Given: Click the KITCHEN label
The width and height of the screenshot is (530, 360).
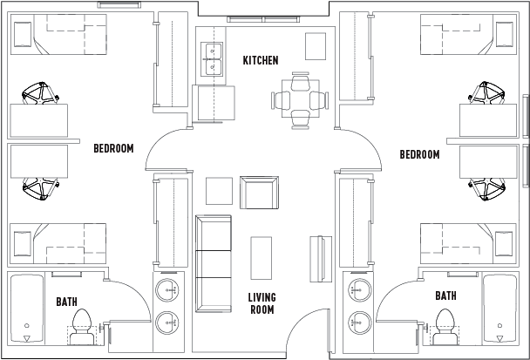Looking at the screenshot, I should [x=261, y=60].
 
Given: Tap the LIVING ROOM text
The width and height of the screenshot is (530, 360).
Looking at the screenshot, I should [x=262, y=303].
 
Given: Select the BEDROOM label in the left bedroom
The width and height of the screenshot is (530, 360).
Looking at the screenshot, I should [x=113, y=148].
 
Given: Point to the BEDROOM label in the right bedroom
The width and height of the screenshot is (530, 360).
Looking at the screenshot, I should [x=419, y=154].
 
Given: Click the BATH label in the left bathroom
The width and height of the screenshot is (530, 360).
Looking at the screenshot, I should [x=66, y=302].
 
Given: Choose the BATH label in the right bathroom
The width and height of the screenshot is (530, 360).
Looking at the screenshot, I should [x=445, y=296].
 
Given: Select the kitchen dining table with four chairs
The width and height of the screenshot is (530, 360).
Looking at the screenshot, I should [x=300, y=100].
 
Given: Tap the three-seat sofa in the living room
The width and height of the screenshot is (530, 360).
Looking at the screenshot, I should [x=214, y=263].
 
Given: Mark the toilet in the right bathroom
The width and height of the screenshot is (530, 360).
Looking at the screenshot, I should [x=445, y=322].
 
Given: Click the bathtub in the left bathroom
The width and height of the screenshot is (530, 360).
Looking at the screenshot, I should [x=29, y=309].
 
